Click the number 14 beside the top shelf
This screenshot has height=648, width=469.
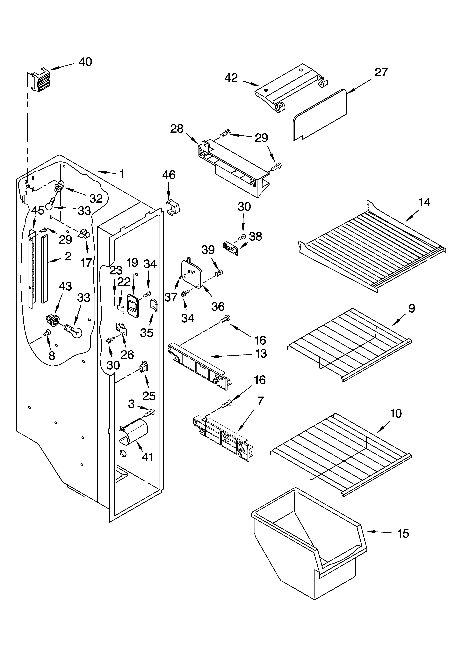click(424, 203)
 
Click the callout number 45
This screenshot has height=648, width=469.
click(38, 211)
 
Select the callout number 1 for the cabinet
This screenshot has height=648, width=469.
click(122, 174)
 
